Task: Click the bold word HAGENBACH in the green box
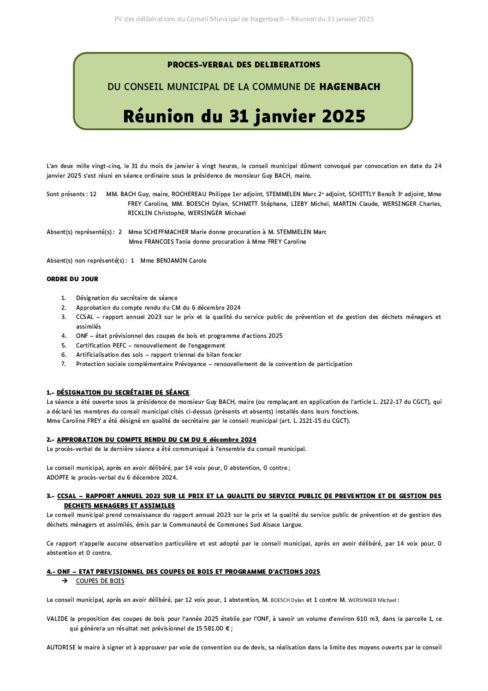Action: click(350, 87)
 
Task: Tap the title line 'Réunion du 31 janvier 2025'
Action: click(244, 116)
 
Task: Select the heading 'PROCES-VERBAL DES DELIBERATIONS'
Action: click(244, 65)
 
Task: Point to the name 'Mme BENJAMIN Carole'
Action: click(173, 260)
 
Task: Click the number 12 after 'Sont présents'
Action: click(93, 194)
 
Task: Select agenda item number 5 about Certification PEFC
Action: click(150, 345)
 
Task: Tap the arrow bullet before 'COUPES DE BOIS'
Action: click(65, 581)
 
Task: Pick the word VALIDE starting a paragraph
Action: click(57, 619)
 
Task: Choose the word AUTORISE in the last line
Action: click(61, 647)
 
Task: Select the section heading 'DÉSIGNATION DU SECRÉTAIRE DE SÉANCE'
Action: click(123, 392)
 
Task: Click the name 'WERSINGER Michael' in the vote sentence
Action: click(372, 600)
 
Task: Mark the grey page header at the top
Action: click(244, 19)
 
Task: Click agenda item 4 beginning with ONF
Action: click(179, 336)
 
